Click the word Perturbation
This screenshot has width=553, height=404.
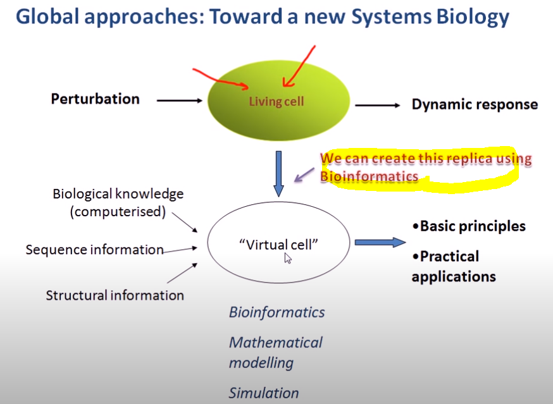point(95,99)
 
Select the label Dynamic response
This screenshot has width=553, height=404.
point(475,104)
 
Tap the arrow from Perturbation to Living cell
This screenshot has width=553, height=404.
point(179,100)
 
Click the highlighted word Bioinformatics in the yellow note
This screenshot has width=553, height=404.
point(369,176)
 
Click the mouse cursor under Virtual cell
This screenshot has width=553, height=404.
point(288,258)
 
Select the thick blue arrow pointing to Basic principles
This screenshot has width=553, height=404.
point(380,242)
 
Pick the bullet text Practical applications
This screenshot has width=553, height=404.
point(453,266)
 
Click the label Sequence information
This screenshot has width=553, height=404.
point(94,250)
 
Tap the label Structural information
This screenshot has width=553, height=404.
point(115,295)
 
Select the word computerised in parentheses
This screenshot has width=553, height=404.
point(117,212)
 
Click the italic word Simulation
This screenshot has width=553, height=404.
point(263,393)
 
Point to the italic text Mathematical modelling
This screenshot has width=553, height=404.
point(275,352)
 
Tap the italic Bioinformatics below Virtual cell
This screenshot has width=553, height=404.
point(276,312)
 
